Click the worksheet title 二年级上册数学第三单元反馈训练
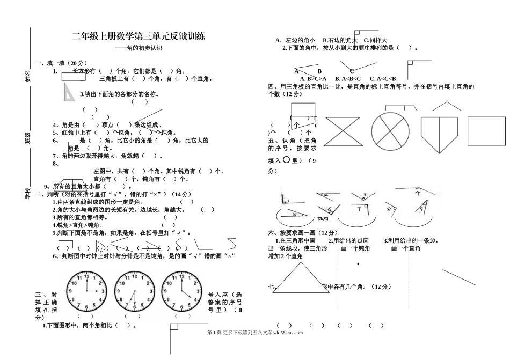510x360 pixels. coord(139,36)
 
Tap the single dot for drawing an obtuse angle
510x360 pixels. coord(358,264)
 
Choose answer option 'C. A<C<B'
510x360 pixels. coord(382,79)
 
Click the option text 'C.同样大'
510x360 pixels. coord(375,40)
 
